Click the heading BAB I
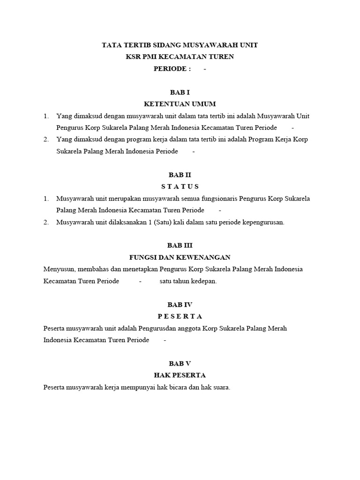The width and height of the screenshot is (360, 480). click(180, 92)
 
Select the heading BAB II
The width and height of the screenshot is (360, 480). click(180, 175)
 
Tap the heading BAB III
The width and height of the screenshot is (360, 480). click(180, 245)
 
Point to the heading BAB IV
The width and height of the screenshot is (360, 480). click(180, 304)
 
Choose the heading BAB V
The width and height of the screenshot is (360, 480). click(180, 363)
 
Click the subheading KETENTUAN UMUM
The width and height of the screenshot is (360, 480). click(180, 104)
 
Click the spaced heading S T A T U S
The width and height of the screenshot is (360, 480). click(180, 187)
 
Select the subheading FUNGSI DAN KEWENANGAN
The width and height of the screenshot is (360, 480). click(180, 257)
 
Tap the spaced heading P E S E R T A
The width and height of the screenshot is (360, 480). click(180, 316)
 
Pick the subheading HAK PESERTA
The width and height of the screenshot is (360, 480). click(180, 375)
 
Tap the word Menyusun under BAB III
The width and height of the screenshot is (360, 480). click(59, 270)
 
